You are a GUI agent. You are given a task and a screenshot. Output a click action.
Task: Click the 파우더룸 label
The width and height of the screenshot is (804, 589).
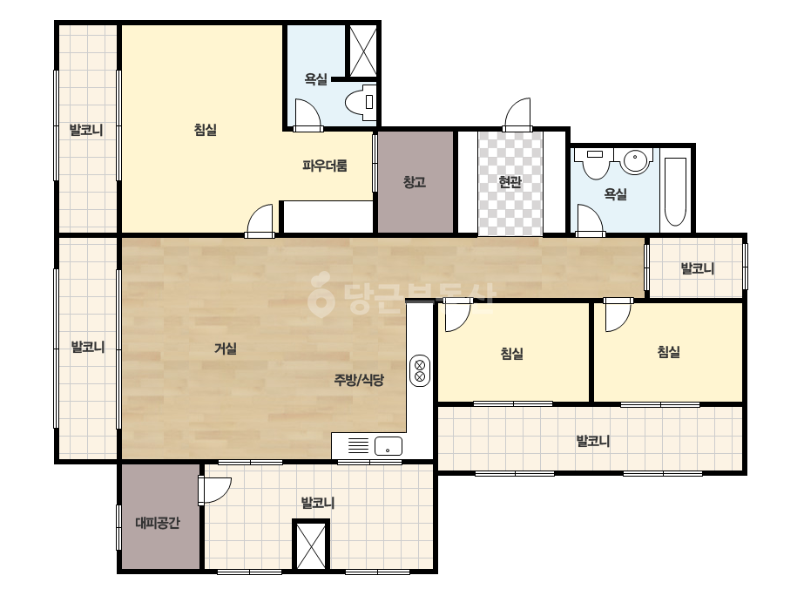[x=325, y=166]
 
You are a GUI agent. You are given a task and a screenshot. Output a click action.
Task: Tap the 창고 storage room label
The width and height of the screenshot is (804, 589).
[x=415, y=182]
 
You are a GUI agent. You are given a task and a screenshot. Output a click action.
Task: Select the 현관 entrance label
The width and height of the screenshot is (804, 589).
[x=510, y=182]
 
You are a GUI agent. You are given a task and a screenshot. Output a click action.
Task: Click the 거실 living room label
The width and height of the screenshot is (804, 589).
[x=226, y=349]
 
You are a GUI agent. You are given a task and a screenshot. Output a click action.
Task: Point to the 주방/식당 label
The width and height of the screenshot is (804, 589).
[x=359, y=380]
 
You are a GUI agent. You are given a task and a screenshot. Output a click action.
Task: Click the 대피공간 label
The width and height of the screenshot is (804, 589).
[x=158, y=523]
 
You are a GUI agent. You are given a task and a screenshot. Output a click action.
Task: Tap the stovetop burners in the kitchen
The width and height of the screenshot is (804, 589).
[x=420, y=371]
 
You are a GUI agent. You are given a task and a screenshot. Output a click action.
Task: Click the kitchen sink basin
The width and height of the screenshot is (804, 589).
[x=388, y=446]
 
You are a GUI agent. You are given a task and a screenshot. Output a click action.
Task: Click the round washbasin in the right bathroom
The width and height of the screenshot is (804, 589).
[x=636, y=160]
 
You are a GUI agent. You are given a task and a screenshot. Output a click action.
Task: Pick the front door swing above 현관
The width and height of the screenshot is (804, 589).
[x=517, y=115]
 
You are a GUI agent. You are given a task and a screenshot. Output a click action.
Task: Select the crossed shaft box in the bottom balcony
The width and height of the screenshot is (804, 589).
[x=311, y=545]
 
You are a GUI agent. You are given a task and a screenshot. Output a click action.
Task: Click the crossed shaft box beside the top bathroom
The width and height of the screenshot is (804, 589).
[x=363, y=51]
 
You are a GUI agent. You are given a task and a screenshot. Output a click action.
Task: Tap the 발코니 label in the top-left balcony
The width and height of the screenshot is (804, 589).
[x=86, y=130]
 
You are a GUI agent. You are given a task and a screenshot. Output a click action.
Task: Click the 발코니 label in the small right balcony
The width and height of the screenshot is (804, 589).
[x=698, y=268]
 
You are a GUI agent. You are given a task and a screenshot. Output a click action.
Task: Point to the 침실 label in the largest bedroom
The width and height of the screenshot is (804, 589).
[x=205, y=129]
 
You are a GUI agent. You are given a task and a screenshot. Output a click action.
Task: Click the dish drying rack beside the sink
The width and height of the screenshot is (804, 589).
[x=358, y=445]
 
